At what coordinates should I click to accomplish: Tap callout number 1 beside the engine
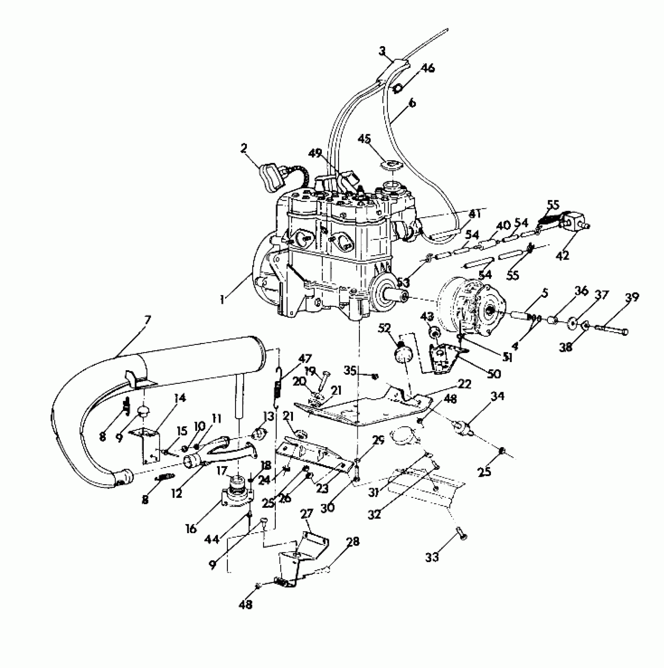[x=222, y=300]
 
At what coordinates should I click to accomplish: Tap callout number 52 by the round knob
[x=385, y=328]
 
